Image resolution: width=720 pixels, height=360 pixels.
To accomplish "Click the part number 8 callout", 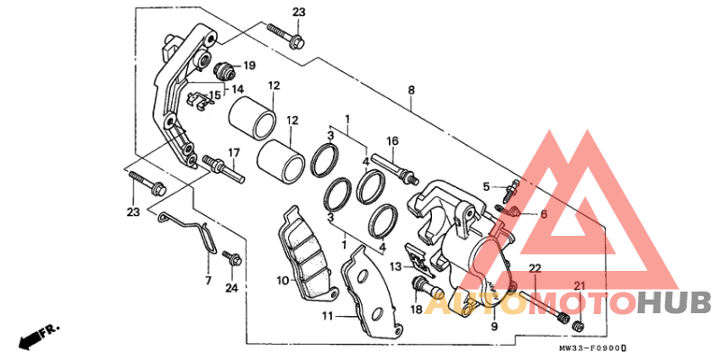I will (411, 90).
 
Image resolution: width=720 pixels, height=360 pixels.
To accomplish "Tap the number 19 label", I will (249, 66).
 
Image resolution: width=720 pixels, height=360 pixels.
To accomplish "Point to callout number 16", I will (392, 141).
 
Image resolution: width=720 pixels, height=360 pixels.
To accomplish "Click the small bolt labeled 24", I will (232, 261).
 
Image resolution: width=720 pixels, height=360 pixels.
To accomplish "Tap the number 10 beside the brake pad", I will (282, 281).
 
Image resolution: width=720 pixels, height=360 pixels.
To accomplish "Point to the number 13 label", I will (395, 266).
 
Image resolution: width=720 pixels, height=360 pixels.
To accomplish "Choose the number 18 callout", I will (417, 309).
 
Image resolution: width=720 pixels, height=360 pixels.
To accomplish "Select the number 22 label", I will (534, 269).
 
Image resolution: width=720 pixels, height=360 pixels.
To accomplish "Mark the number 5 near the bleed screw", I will (485, 186).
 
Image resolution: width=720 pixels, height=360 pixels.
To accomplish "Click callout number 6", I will (544, 214).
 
